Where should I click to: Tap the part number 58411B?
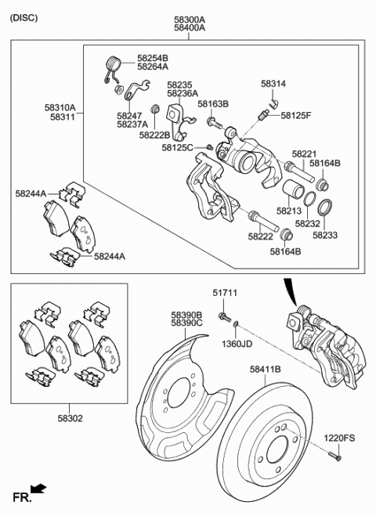(x=266, y=368)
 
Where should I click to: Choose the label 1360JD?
(x=238, y=343)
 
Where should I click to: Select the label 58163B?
(x=212, y=103)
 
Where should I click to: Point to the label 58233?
(x=324, y=233)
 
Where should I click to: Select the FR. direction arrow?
(x=38, y=489)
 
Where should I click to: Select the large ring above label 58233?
(x=325, y=208)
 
